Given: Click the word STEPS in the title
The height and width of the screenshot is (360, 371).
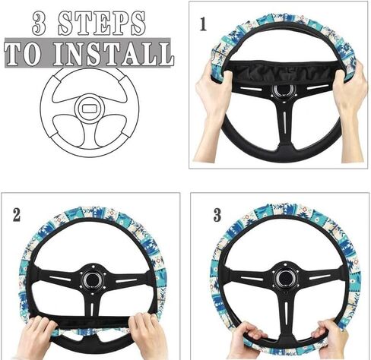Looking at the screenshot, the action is tap(102, 24).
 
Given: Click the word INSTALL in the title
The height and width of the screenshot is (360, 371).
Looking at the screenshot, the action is tap(113, 54).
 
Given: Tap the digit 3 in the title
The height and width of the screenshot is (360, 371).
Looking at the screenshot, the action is tap(40, 24).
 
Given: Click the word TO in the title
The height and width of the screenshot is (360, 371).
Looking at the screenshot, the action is tap(23, 54).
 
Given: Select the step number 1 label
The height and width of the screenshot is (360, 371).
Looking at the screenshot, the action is tap(203, 24).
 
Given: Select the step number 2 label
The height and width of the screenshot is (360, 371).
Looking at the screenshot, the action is tap(17, 216).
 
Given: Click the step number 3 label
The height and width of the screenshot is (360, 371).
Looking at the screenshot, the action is tap(217, 216).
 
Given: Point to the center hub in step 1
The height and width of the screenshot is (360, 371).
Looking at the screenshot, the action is tap(284, 90).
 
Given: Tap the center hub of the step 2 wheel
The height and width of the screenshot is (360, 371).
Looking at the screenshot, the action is tap(92, 279).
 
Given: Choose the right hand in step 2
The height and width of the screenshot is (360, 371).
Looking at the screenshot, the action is tap(147, 334).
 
